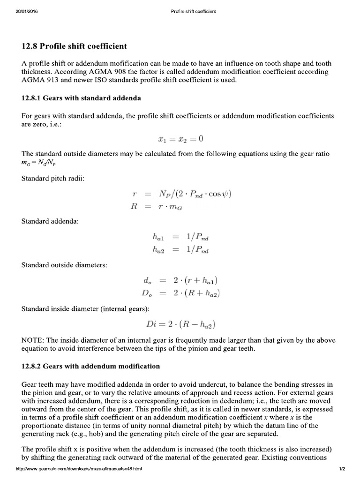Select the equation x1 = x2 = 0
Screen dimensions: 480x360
[x=180, y=139]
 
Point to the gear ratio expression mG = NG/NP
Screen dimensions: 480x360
[x=42, y=163]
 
